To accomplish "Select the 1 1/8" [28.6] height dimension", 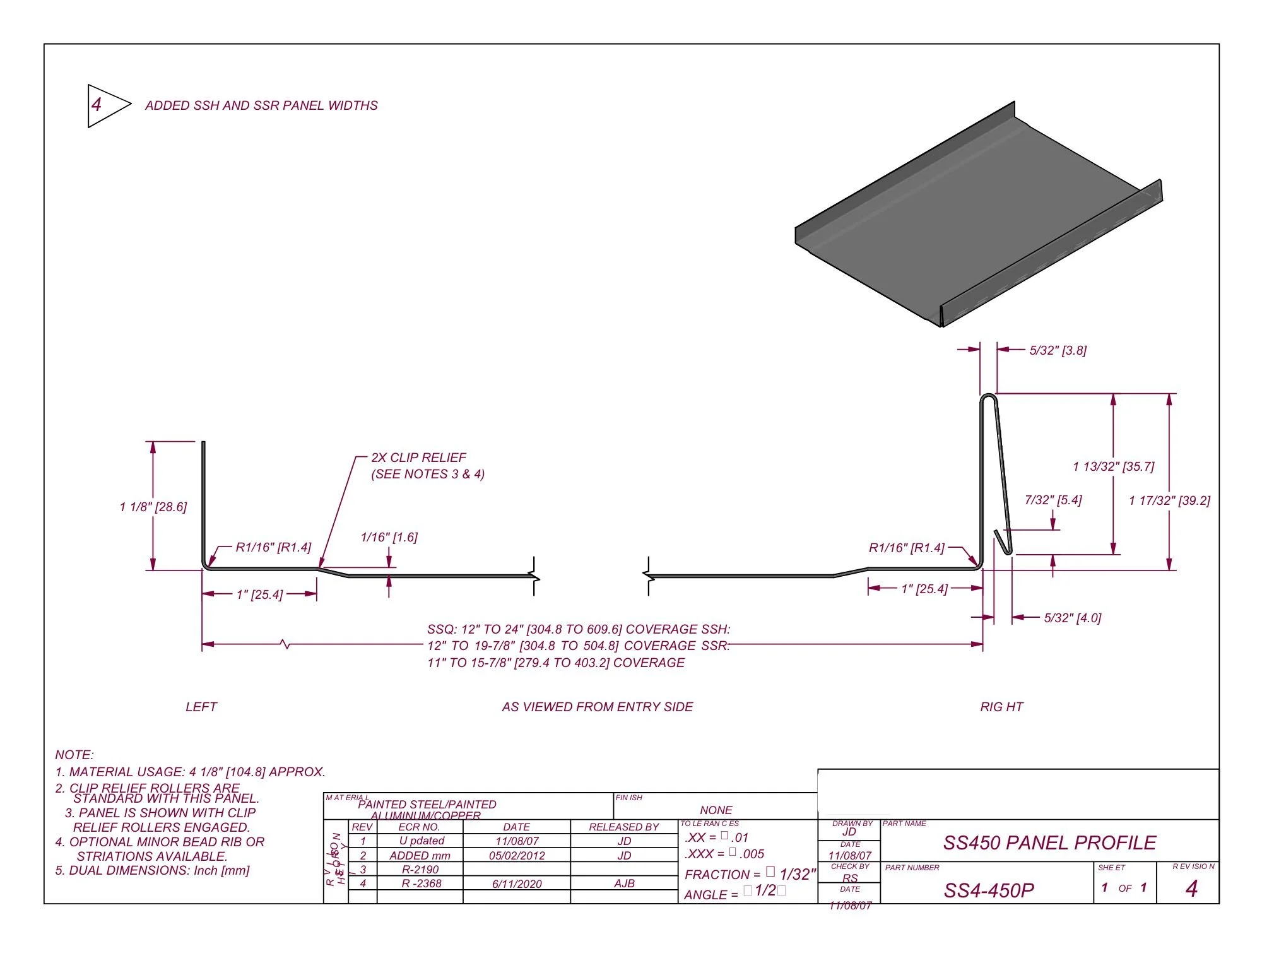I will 153,507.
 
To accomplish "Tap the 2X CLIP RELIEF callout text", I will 418,458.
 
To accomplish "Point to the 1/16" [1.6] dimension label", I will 389,537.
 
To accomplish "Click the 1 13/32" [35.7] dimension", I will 1114,466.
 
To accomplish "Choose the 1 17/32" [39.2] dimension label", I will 1169,500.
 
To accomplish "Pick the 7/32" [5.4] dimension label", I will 1053,500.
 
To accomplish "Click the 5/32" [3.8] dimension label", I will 1058,350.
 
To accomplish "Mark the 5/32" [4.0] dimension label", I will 1073,618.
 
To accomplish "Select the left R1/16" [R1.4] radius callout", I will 273,547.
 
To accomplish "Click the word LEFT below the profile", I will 201,707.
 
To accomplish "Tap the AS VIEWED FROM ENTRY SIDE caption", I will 598,707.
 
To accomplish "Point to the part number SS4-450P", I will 989,890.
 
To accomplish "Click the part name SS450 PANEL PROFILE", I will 1049,842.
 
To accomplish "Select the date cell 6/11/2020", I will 517,884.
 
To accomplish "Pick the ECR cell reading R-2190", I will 420,870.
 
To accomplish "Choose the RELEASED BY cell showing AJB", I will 624,883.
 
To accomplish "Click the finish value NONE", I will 716,810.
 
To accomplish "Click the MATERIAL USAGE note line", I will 191,772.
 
